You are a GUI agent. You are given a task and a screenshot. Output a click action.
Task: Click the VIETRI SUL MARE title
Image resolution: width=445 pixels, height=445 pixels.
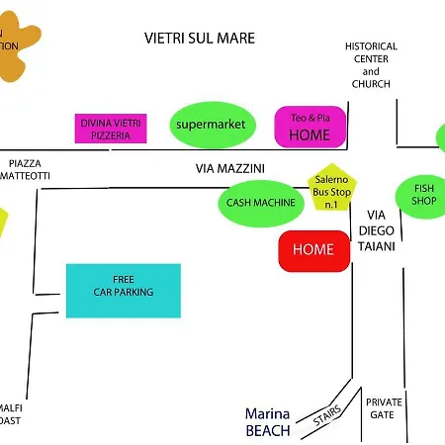[x=200, y=39]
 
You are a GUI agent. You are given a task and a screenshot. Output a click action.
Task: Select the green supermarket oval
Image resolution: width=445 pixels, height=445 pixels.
[x=209, y=125]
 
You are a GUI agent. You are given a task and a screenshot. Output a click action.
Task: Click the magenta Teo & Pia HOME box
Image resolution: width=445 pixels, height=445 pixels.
[x=310, y=127]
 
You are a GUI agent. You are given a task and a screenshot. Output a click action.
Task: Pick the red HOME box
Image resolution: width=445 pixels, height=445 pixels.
[x=313, y=250]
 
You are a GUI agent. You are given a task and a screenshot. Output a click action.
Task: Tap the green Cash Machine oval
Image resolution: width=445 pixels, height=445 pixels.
[x=261, y=203]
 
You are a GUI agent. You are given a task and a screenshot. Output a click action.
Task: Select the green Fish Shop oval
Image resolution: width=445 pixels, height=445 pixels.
[x=423, y=195]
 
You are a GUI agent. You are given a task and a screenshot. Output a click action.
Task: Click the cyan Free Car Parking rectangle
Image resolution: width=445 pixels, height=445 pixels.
[x=124, y=291]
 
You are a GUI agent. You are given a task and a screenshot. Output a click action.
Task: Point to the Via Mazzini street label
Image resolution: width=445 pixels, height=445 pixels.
[x=230, y=169]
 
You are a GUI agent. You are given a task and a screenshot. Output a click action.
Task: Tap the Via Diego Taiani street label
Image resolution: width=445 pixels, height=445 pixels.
[x=381, y=230]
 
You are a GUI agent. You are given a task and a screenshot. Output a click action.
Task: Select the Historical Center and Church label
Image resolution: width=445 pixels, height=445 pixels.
[x=371, y=65]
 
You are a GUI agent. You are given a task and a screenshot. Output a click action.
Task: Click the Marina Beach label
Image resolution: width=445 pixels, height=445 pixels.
[x=268, y=422]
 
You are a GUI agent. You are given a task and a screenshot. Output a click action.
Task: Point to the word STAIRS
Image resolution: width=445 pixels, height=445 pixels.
[x=327, y=417]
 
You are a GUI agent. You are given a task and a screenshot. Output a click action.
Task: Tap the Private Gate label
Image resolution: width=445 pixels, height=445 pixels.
[x=384, y=408]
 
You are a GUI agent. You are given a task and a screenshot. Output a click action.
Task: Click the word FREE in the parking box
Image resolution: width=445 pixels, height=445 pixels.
[x=124, y=279]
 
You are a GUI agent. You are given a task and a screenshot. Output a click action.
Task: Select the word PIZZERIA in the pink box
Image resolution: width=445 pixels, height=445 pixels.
[x=110, y=135]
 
